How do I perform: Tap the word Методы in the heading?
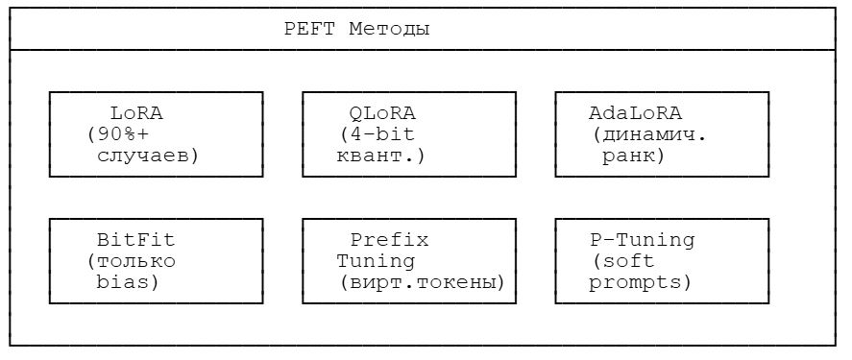point(389,29)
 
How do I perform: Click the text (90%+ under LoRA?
point(114,134)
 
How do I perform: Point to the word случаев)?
point(148,156)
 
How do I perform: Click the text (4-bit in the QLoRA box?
point(373,134)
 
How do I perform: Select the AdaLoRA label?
point(635,113)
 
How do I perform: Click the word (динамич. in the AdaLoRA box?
point(650,134)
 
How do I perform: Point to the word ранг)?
point(633,156)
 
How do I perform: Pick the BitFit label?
point(136,240)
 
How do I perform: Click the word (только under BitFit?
point(131,261)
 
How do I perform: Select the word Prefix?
point(389,240)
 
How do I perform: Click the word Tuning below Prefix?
point(377,261)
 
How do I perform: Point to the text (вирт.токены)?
point(423,282)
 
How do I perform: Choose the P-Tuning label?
point(641,240)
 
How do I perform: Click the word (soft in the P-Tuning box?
point(622,261)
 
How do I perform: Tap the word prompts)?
point(640,282)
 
